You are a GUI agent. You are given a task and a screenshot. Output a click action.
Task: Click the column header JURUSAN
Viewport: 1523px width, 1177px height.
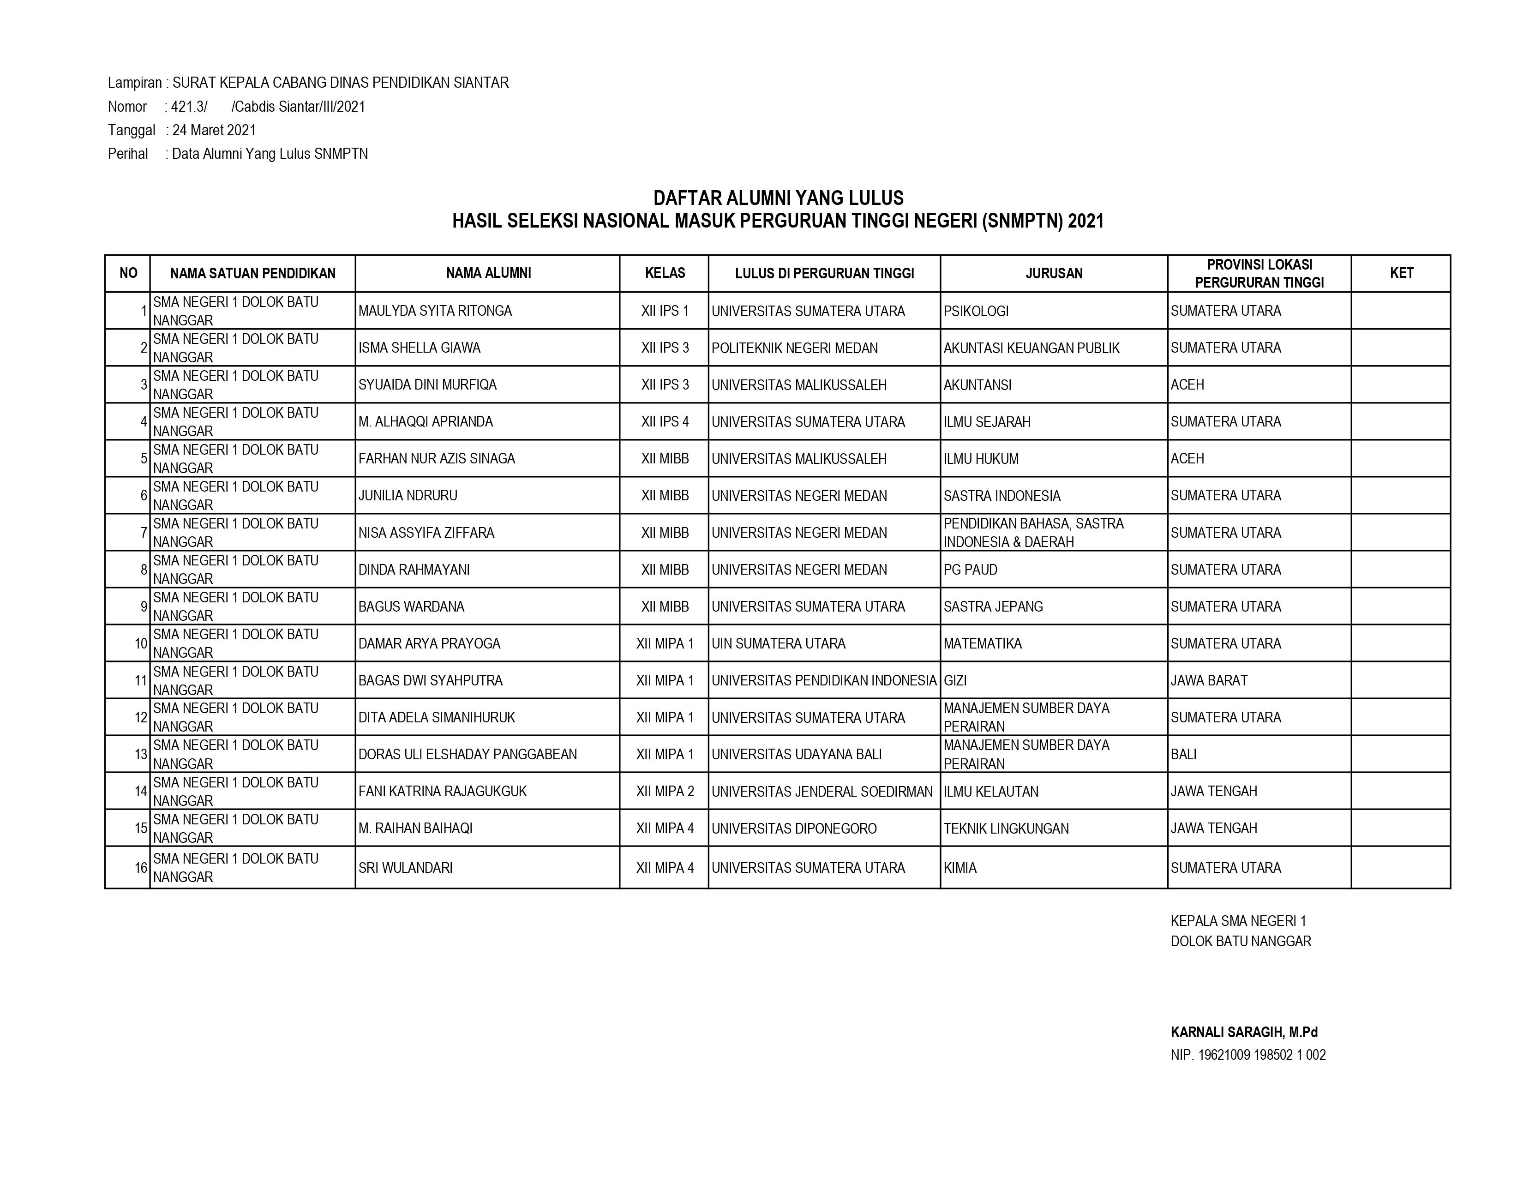pyautogui.click(x=1053, y=273)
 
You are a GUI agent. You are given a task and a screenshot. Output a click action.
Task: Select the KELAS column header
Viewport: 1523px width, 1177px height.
pyautogui.click(x=665, y=273)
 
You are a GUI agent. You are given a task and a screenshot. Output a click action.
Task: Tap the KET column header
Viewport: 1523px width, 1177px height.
pyautogui.click(x=1401, y=273)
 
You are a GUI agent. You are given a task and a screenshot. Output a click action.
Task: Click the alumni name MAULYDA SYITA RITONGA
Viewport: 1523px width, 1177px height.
pyautogui.click(x=435, y=311)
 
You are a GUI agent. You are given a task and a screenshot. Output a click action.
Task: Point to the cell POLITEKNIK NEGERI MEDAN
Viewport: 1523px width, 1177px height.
pyautogui.click(x=794, y=348)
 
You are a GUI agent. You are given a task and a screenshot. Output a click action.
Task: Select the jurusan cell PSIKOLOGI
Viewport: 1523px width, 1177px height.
pyautogui.click(x=976, y=311)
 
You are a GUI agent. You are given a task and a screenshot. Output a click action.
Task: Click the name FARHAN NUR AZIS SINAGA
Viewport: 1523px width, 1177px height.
pyautogui.click(x=437, y=459)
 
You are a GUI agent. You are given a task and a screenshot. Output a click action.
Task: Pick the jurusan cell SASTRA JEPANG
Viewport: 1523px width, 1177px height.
pyautogui.click(x=993, y=607)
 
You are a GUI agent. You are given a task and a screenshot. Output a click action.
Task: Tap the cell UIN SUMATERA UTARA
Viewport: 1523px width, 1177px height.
pyautogui.click(x=778, y=643)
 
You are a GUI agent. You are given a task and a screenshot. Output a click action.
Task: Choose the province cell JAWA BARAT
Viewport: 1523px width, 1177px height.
pyautogui.click(x=1209, y=680)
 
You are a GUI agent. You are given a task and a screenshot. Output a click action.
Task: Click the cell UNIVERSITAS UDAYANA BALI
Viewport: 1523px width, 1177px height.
pyautogui.click(x=797, y=755)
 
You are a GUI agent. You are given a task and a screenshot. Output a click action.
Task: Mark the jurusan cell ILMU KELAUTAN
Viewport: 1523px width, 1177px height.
pyautogui.click(x=990, y=792)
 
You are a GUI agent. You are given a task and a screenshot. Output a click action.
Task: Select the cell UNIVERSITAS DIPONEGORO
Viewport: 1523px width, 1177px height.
pyautogui.click(x=794, y=829)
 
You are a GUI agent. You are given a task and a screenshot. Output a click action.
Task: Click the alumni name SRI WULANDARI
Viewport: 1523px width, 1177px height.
pyautogui.click(x=405, y=868)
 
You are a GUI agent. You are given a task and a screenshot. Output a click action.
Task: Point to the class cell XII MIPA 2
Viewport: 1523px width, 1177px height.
pyautogui.click(x=665, y=792)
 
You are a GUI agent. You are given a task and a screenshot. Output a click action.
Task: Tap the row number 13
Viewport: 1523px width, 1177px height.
pyautogui.click(x=141, y=755)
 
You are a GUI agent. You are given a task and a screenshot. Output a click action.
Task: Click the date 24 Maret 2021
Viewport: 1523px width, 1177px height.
pyautogui.click(x=214, y=130)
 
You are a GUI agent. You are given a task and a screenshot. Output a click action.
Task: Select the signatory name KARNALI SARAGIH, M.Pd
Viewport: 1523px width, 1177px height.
pyautogui.click(x=1243, y=1033)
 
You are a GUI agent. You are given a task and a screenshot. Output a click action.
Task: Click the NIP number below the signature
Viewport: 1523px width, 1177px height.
pyautogui.click(x=1247, y=1055)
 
